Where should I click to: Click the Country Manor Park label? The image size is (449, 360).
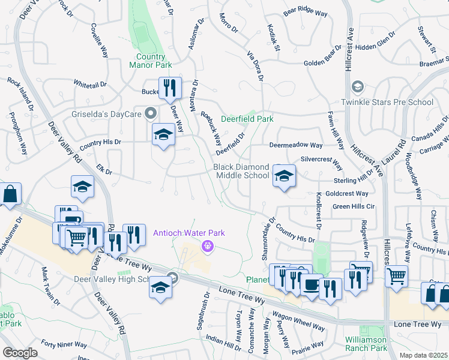(x=150, y=61)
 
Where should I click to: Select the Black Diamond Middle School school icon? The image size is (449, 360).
(x=285, y=176)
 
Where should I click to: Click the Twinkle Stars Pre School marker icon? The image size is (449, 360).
(x=358, y=87)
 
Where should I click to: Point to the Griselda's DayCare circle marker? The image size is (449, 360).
(x=151, y=112)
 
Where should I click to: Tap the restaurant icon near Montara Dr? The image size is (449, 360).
(x=170, y=89)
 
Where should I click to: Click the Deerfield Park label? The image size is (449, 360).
(x=247, y=119)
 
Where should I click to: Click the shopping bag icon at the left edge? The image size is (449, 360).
(x=10, y=194)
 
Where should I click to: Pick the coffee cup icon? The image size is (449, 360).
(x=311, y=285)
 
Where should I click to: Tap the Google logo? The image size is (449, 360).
(x=20, y=352)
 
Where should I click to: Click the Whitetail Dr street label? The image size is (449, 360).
(x=89, y=84)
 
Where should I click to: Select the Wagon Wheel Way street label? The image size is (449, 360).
(x=298, y=322)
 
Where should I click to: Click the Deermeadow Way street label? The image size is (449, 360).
(x=296, y=145)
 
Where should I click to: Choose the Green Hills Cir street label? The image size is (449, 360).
(x=354, y=206)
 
